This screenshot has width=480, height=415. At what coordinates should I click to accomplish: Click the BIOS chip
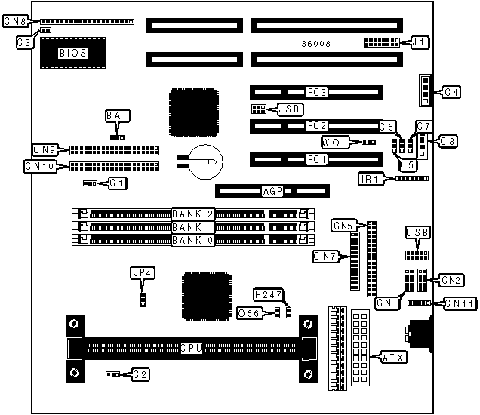point(73,53)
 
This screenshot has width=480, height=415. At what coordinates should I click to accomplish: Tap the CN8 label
point(15,22)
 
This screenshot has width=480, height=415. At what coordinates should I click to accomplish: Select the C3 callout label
point(25,42)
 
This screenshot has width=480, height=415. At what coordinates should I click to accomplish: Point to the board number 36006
point(316,44)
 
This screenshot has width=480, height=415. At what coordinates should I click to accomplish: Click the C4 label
point(451,92)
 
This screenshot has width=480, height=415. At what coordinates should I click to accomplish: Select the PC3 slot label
point(316,92)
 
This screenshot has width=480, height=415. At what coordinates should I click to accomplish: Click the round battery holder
point(205,161)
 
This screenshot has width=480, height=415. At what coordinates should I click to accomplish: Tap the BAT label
point(117,115)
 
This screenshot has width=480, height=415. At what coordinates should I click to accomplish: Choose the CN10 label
point(38,166)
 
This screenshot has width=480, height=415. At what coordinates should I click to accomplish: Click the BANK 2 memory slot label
point(194,214)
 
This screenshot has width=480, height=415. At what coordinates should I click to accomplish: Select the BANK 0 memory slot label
point(194,241)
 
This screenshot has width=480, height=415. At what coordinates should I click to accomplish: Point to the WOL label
point(336,142)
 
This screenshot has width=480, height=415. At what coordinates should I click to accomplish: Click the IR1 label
point(371,179)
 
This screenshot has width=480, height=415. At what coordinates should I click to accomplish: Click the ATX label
point(395,356)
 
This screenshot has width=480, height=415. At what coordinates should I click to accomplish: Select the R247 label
point(267,293)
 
